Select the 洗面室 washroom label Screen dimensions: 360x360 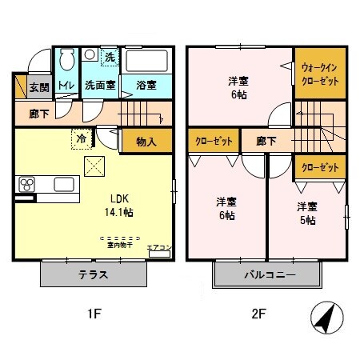point(101,84)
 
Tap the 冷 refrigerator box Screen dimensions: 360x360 point(82,137)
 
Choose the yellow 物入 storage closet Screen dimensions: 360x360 point(146,142)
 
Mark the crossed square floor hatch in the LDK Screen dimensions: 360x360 point(95,165)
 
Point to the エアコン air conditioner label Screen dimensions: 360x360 point(158,248)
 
